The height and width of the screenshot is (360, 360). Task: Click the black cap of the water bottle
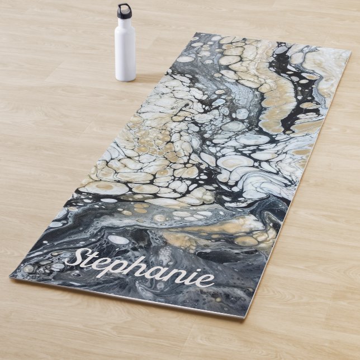pos(124,11)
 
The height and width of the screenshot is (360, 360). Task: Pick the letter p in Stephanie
pos(124,271)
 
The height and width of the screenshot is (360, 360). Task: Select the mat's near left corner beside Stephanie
pos(11,276)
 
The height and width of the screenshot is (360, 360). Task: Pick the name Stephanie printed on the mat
pos(140,270)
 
